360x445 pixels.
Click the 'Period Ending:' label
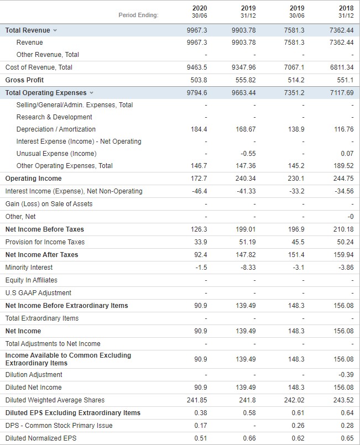tap(138, 15)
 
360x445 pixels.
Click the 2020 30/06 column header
tap(200, 12)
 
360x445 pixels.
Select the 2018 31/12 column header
tap(346, 12)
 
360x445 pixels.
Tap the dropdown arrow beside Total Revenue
tap(55, 30)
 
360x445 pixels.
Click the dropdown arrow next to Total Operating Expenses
tap(91, 93)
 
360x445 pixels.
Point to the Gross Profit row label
tap(24, 80)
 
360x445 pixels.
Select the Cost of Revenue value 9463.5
tap(197, 67)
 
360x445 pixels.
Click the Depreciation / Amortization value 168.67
tap(246, 129)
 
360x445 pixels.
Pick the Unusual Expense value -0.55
tap(248, 154)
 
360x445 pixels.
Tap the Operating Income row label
tap(34, 179)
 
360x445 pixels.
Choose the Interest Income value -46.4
tap(200, 191)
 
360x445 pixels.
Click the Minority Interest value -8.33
tap(248, 268)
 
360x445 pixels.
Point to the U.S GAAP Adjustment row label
tap(38, 293)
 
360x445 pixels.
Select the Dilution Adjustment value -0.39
tap(346, 375)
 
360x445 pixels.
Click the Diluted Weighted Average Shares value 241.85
tap(197, 400)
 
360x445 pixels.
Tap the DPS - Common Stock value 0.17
tap(201, 426)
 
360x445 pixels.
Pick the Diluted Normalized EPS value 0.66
tap(249, 438)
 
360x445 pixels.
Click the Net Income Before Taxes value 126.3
tap(199, 229)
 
